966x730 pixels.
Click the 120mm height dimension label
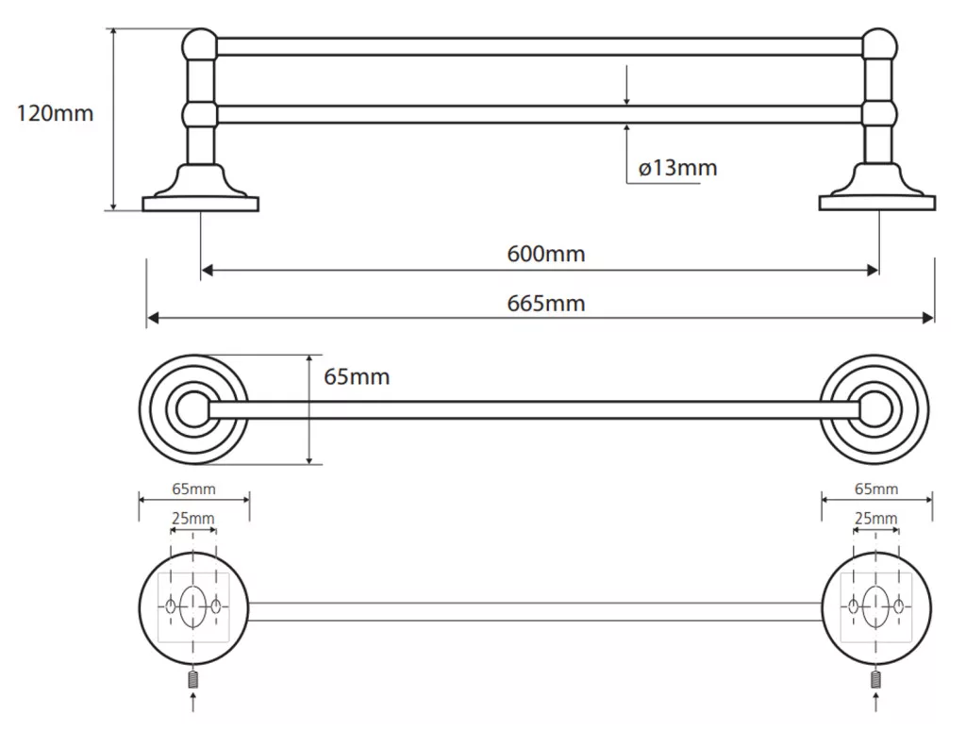[x=55, y=114]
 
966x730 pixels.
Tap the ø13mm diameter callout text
[x=677, y=168]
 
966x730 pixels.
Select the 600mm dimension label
[x=546, y=254]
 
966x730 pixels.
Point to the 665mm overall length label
[x=546, y=304]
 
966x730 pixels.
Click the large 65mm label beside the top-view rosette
[x=357, y=377]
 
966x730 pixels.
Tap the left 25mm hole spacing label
[x=192, y=519]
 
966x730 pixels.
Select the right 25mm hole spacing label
[x=875, y=519]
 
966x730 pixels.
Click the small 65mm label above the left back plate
[x=193, y=489]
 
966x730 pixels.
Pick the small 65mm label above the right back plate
[x=876, y=489]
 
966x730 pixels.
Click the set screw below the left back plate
[x=193, y=680]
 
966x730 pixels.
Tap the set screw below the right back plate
[x=876, y=680]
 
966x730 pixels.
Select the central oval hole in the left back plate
[x=192, y=606]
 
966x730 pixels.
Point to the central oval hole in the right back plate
[x=875, y=606]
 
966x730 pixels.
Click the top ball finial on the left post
[x=200, y=45]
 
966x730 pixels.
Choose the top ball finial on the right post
[x=879, y=45]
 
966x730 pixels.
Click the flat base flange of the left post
[x=200, y=204]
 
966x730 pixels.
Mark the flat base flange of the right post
[x=877, y=204]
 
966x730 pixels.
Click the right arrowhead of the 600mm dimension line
[x=873, y=270]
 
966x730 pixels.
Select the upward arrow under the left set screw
[x=193, y=703]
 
